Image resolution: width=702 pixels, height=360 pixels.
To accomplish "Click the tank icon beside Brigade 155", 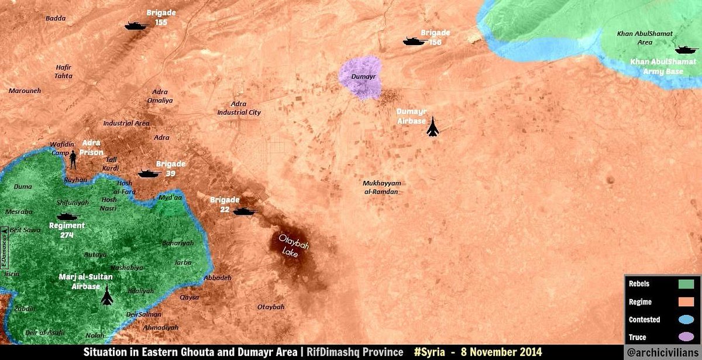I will pos(137,26).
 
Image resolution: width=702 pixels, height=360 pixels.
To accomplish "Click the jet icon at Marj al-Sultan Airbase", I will pos(106,296).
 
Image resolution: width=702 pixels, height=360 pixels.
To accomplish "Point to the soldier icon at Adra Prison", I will pos(74,158).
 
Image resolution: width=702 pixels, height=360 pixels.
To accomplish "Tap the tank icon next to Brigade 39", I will pos(149,173).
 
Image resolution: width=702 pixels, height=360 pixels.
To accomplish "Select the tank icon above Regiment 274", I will pos(67,217).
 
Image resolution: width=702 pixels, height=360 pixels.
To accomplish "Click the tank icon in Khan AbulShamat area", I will pos(682,49).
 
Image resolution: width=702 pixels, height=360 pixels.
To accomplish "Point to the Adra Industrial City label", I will pos(239,108).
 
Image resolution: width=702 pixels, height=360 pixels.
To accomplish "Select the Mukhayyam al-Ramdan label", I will pos(381,187).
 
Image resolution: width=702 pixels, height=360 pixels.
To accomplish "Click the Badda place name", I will pos(56,18).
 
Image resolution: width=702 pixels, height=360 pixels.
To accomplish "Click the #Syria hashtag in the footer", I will pos(431,352).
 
